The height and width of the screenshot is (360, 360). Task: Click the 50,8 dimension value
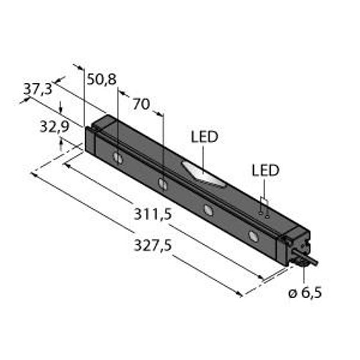[102, 80]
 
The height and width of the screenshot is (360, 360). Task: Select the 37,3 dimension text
[38, 89]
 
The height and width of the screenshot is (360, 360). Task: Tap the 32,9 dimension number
[55, 127]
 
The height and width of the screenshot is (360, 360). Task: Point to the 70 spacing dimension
[142, 104]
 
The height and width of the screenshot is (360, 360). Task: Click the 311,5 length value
[152, 214]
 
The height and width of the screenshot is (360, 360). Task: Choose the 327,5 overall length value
[152, 245]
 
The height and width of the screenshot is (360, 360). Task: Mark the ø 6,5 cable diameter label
[305, 293]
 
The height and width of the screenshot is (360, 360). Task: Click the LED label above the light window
[205, 137]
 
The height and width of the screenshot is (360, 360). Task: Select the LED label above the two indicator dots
[265, 170]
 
